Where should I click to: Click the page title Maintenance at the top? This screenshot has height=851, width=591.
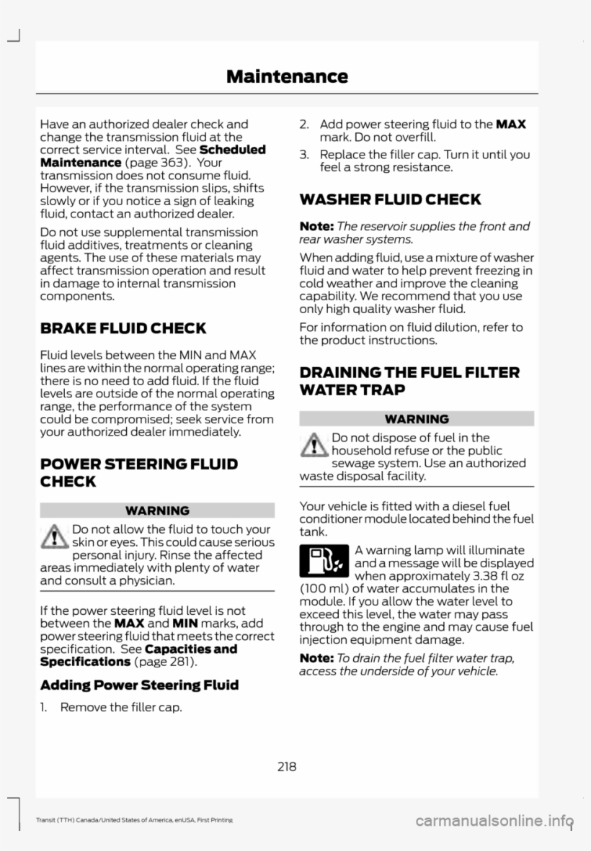[287, 76]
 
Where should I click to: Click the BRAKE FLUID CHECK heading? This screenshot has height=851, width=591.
[123, 329]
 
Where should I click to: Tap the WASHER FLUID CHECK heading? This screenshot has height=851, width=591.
[380, 199]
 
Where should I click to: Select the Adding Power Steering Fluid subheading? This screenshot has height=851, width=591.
[138, 685]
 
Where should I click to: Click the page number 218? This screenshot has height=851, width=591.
[286, 766]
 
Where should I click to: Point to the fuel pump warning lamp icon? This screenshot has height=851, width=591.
[324, 562]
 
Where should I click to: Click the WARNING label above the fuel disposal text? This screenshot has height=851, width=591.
[417, 418]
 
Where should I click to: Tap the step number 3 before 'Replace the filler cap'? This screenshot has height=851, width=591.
[304, 155]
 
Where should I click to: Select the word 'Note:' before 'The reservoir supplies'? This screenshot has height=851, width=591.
[316, 226]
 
